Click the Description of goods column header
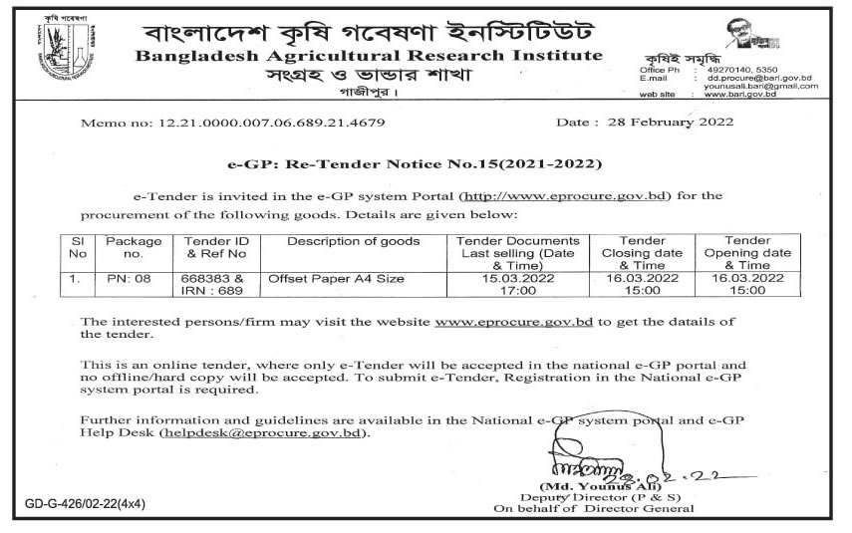[353, 241]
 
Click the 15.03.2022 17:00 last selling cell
[517, 289]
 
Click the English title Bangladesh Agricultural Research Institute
[368, 55]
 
